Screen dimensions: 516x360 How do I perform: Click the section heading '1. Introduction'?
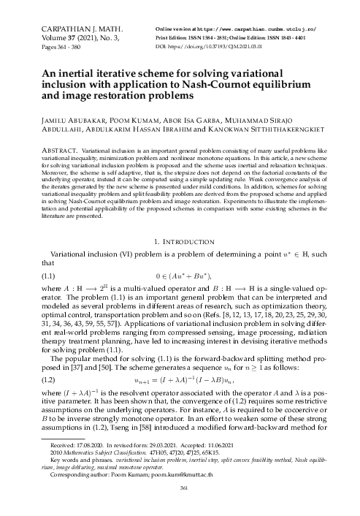[180, 240]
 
